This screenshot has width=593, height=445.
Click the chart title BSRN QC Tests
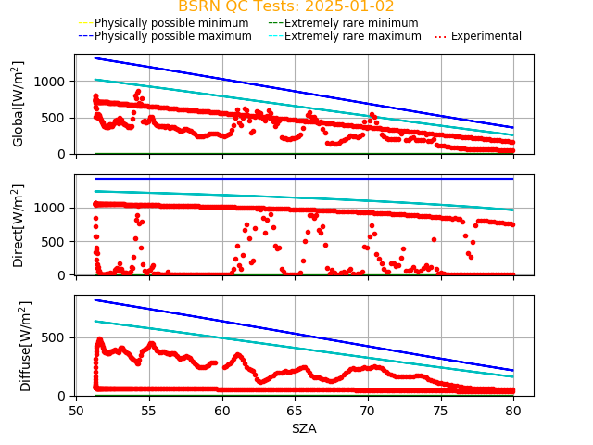tap(285, 7)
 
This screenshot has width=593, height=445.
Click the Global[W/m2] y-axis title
tap(19, 104)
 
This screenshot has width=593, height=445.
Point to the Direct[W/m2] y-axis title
tap(19, 225)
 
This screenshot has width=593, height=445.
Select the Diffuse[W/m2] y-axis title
tap(25, 346)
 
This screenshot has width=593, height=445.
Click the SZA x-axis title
tap(304, 429)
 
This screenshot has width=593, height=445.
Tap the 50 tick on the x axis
tap(77, 411)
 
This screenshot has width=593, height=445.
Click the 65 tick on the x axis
tap(295, 411)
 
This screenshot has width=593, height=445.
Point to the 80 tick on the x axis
tap(513, 411)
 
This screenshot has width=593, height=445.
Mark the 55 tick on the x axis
tap(149, 411)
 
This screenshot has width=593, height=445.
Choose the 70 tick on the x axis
tap(368, 411)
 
